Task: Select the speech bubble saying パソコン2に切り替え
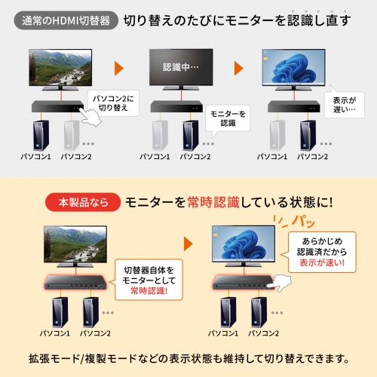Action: (111, 103)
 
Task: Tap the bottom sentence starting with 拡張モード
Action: (188, 357)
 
